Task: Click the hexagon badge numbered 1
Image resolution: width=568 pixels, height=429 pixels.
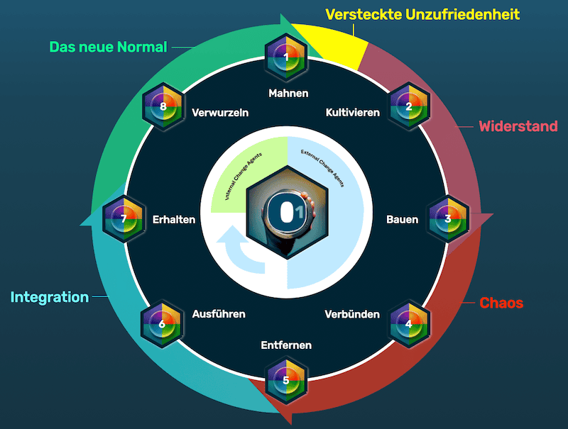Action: coord(285,57)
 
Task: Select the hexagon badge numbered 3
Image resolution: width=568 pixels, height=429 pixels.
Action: coord(448,218)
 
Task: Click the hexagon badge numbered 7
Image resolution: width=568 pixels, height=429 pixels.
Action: coord(124,218)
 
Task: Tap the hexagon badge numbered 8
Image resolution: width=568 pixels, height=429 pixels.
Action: coord(163,107)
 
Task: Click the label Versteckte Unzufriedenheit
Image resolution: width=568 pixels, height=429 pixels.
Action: coord(422,14)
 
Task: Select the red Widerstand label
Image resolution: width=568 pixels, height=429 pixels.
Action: coord(518,127)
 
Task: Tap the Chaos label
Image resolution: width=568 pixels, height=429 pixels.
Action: coord(501,303)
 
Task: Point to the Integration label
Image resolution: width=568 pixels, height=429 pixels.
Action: coord(50,297)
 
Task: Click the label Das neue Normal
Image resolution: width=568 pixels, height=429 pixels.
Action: coord(108,48)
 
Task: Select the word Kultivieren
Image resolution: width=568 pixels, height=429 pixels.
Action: coord(353,112)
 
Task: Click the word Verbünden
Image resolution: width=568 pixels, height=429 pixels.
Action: coord(352,314)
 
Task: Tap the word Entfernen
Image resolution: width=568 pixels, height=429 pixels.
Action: coord(286,345)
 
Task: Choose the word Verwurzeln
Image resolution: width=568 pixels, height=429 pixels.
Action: coord(220,112)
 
